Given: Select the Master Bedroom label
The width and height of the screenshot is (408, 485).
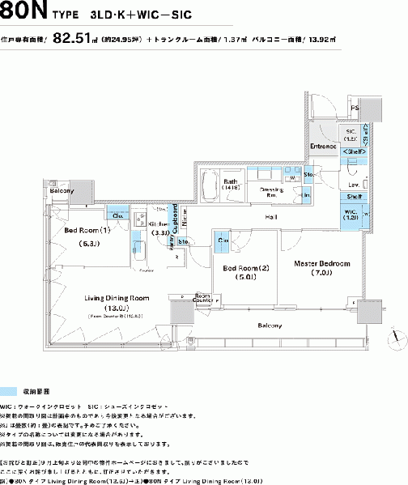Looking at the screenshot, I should (321, 264).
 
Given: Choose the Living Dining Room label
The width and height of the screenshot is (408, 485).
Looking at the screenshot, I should (117, 297).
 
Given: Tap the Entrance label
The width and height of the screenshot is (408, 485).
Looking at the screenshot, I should (322, 146).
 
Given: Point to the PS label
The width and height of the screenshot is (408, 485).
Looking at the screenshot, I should (354, 107).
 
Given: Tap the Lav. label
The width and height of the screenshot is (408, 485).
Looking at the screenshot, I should (353, 185).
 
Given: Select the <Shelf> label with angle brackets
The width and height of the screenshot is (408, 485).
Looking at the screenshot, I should (353, 151).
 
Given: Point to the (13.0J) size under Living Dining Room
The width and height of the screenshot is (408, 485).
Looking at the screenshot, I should (117, 308).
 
